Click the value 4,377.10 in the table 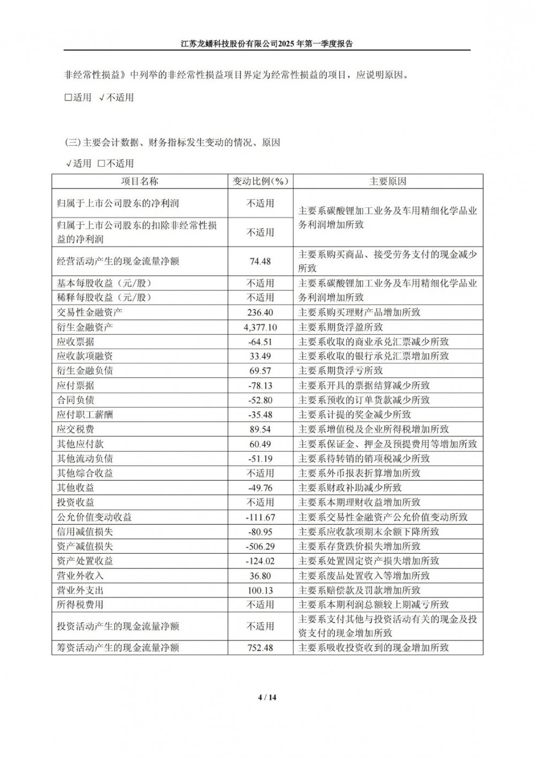point(260,327)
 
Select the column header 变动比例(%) point(260,181)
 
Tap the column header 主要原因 point(388,181)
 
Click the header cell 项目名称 point(140,181)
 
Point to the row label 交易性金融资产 point(90,312)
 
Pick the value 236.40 point(260,312)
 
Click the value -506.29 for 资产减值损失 point(260,546)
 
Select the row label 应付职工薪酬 point(85,414)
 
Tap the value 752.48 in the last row point(260,648)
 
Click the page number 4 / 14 point(267,697)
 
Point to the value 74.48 point(260,261)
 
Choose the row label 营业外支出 point(80,590)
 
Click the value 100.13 point(260,590)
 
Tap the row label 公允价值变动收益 point(95,517)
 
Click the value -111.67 point(260,517)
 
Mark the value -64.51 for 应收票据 point(260,342)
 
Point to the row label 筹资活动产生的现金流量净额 point(118,648)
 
